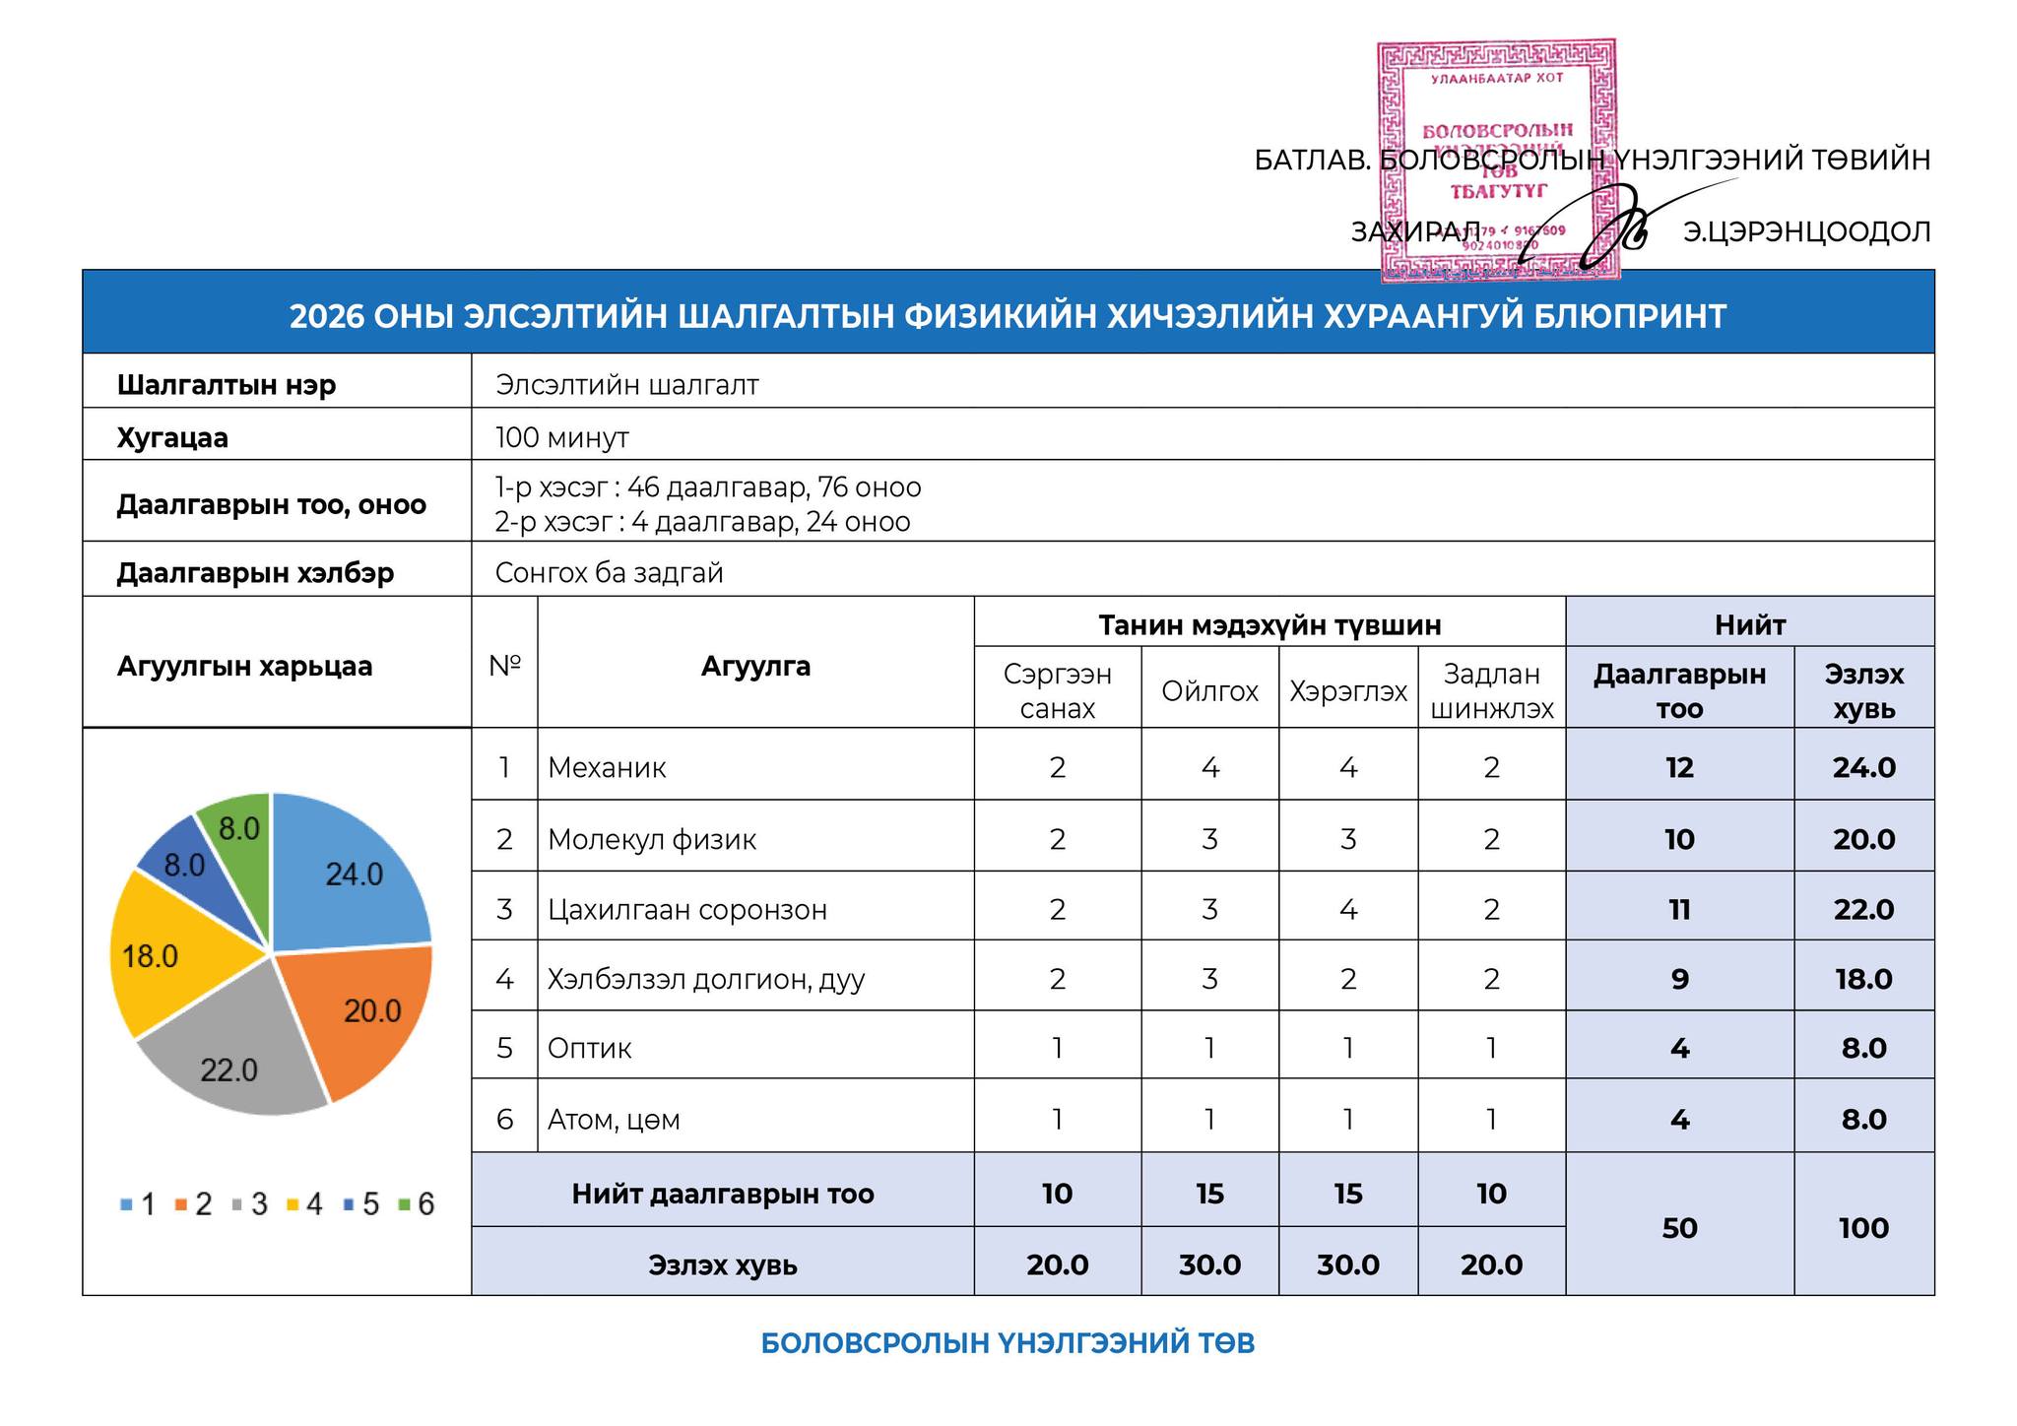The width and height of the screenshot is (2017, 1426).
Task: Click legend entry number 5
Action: (x=361, y=1204)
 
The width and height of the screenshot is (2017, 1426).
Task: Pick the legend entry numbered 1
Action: (x=138, y=1204)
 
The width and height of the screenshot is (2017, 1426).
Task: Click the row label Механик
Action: (x=607, y=767)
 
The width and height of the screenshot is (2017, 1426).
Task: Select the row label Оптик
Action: (x=589, y=1048)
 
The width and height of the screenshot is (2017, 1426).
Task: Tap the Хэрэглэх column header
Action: (x=1347, y=691)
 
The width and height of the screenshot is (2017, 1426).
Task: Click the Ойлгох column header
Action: (x=1209, y=691)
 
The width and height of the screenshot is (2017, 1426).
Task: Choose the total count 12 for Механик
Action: (x=1679, y=767)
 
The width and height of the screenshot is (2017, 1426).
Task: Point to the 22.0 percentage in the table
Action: (x=1863, y=909)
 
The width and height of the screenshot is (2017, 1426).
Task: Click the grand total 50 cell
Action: (x=1679, y=1228)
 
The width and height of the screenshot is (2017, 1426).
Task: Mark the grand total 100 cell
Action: (x=1863, y=1228)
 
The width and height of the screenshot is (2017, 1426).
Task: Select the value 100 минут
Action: (x=562, y=437)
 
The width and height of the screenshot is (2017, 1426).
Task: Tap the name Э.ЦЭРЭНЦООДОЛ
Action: (x=1806, y=232)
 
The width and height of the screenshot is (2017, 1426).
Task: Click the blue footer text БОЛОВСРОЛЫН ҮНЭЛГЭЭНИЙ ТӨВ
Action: (x=1008, y=1343)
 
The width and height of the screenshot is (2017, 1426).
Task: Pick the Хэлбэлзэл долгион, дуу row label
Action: (x=706, y=979)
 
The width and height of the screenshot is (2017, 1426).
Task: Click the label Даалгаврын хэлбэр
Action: (x=255, y=572)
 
